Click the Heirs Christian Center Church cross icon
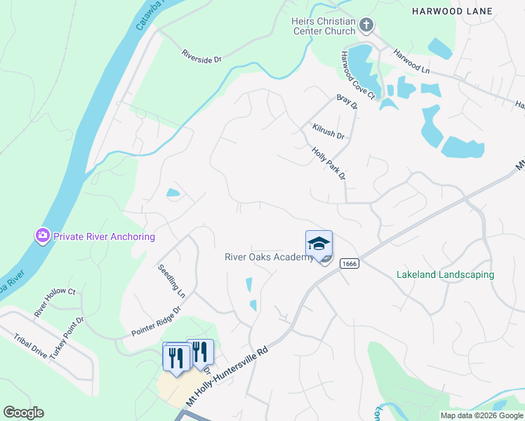pyautogui.click(x=366, y=27)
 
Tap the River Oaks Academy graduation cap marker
pyautogui.click(x=319, y=243)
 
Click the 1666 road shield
pyautogui.click(x=349, y=263)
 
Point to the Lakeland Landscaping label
pyautogui.click(x=445, y=275)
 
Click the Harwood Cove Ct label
pyautogui.click(x=358, y=74)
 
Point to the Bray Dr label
pyautogui.click(x=347, y=102)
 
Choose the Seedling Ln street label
pyautogui.click(x=171, y=280)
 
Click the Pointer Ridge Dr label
pyautogui.click(x=157, y=320)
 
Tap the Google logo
pyautogui.click(x=23, y=413)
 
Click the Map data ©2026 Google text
pyautogui.click(x=481, y=415)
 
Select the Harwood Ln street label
pyautogui.click(x=411, y=62)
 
